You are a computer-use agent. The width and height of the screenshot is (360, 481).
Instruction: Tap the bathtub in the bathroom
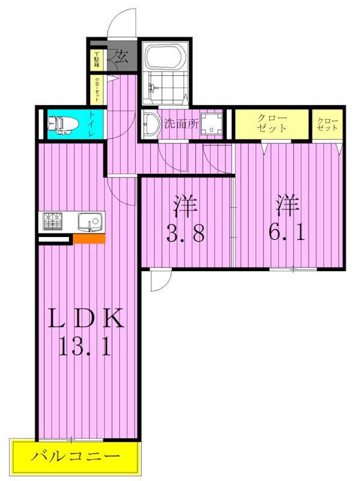(x=163, y=61)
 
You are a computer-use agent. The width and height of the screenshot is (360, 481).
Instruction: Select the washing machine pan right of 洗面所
(x=211, y=124)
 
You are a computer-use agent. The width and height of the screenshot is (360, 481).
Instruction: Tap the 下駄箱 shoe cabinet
(x=96, y=59)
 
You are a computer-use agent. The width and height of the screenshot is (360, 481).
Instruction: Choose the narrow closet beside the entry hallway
(x=96, y=89)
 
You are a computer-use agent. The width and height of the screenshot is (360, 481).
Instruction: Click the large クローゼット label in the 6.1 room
(x=272, y=123)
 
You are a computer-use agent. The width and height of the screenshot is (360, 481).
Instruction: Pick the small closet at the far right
(x=328, y=124)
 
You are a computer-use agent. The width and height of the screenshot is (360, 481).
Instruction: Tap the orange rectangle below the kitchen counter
(x=89, y=239)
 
